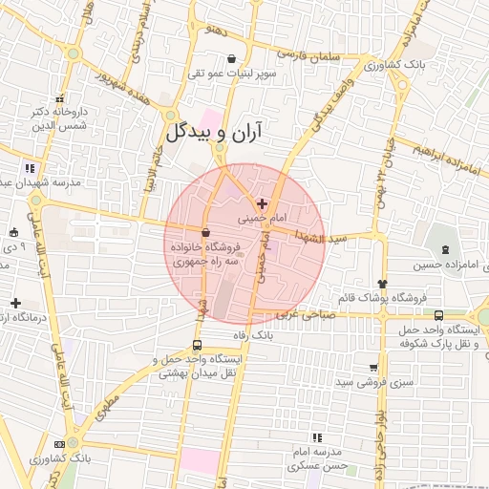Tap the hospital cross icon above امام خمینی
tap(262, 203)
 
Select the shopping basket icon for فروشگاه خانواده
tap(205, 232)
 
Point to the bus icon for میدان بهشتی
tap(197, 346)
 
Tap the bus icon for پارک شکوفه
tap(438, 315)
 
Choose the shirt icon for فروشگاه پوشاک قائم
tap(384, 283)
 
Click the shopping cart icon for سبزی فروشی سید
tap(372, 367)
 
